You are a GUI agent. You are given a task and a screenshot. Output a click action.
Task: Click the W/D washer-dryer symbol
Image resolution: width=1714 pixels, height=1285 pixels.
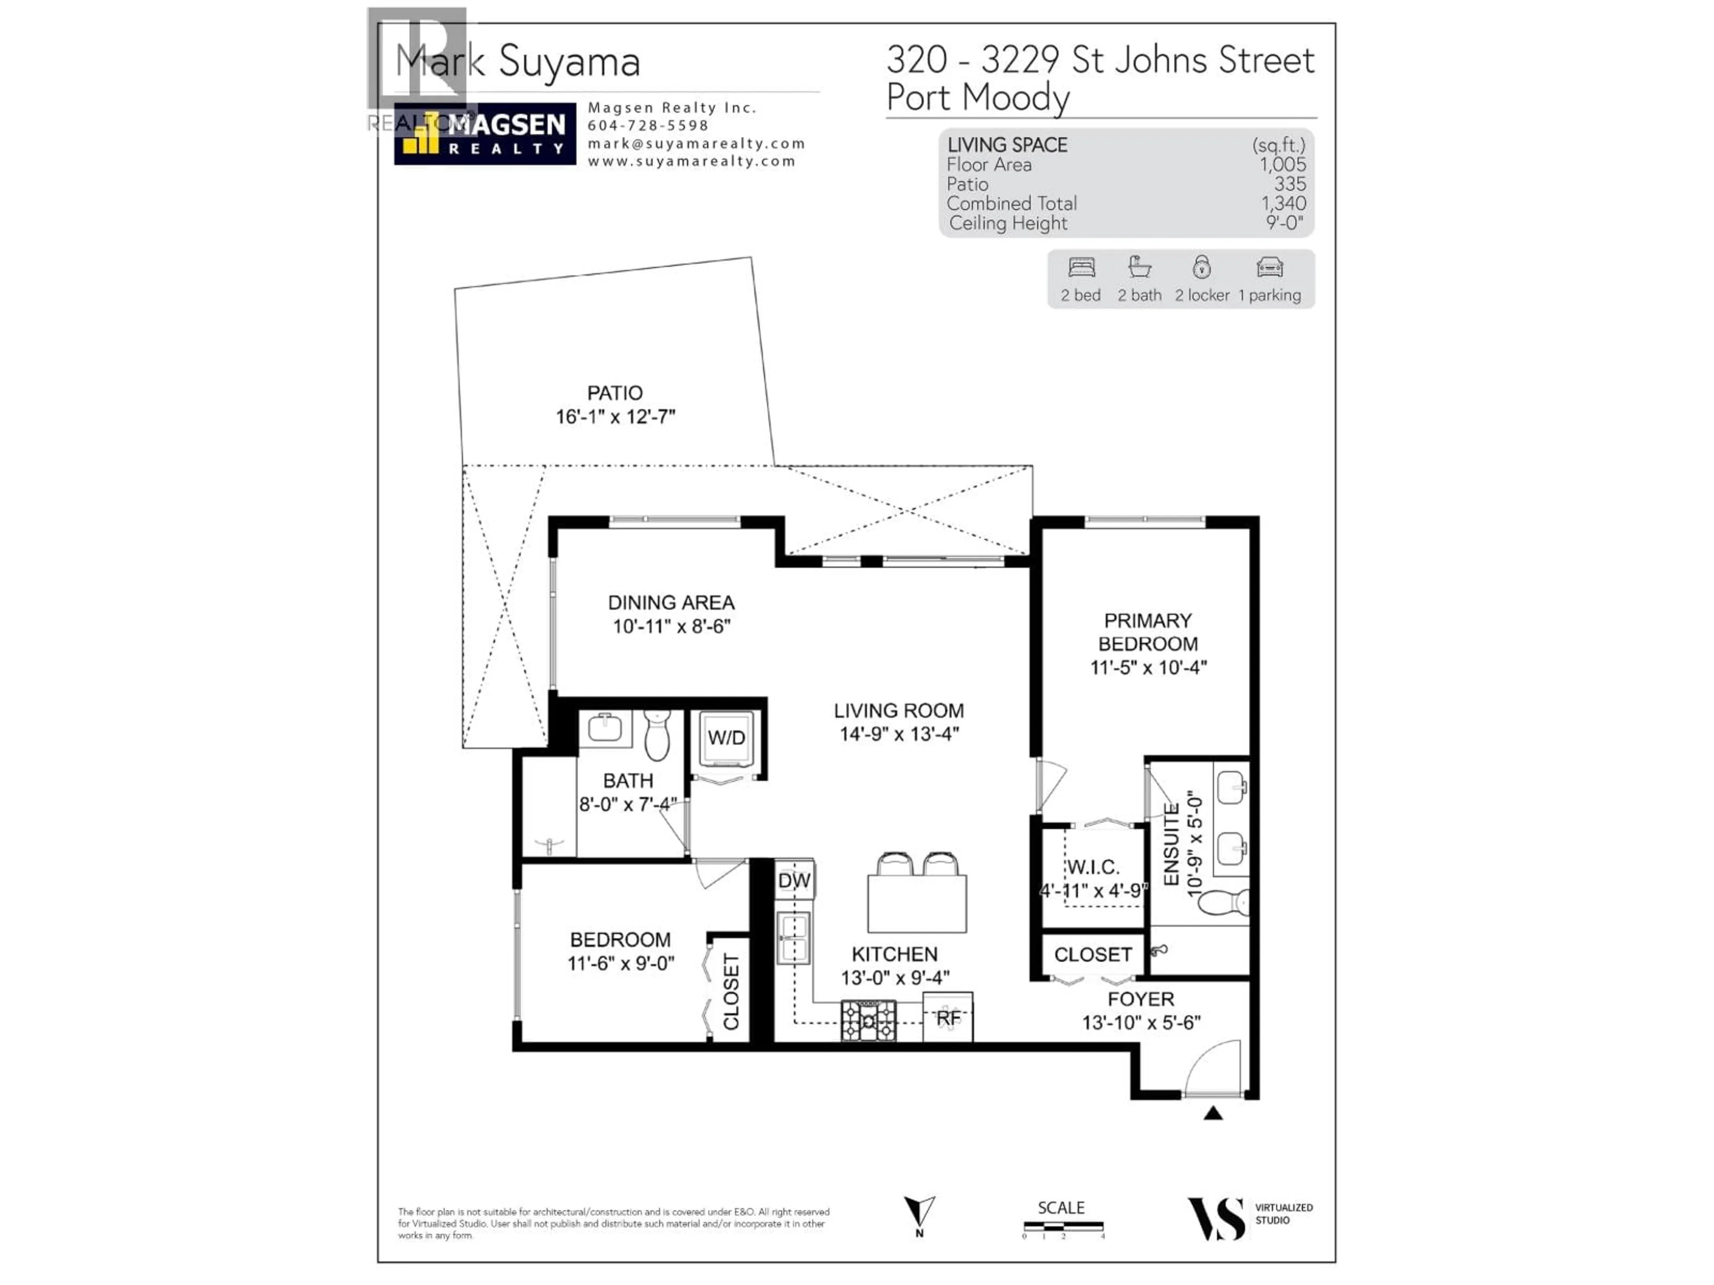[726, 738]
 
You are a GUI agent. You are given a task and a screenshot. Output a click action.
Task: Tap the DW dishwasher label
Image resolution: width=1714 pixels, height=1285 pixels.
[794, 881]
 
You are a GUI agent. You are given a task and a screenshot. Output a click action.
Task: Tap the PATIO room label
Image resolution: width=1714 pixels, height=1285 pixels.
[615, 393]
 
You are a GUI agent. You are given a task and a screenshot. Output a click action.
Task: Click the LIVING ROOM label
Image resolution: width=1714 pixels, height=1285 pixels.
[899, 710]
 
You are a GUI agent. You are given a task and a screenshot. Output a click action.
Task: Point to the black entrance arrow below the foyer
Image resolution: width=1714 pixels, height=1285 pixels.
[1213, 1114]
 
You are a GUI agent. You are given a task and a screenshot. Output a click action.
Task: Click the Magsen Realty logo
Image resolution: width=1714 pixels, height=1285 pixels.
[485, 134]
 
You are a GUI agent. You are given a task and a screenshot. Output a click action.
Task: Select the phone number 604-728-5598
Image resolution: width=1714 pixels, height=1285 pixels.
[648, 125]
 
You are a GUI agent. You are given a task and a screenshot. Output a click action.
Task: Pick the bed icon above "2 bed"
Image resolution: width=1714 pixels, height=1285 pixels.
[1081, 268]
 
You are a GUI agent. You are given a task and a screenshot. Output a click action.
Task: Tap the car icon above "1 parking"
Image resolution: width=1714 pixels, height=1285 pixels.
[1269, 268]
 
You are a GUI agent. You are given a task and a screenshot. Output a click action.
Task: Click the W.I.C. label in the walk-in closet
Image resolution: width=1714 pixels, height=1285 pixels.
[1093, 867]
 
